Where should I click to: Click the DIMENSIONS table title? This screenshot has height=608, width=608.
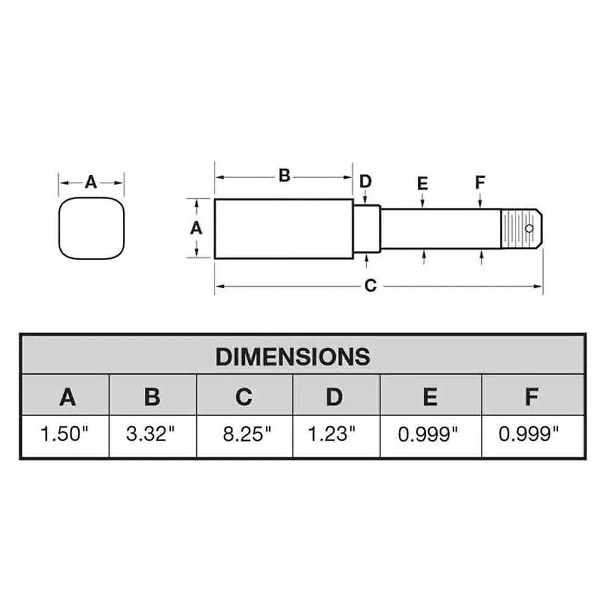(293, 357)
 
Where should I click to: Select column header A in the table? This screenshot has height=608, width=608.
(67, 397)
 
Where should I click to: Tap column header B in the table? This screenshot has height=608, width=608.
(152, 397)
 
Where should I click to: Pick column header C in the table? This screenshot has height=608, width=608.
(244, 397)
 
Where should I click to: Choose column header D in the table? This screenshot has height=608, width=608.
(334, 397)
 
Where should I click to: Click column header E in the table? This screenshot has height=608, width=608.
(430, 397)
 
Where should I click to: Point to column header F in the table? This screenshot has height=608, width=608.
(532, 397)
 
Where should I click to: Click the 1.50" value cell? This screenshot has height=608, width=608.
(65, 434)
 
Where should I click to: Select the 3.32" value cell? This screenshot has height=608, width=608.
(150, 434)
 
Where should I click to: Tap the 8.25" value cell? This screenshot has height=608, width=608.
(247, 434)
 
